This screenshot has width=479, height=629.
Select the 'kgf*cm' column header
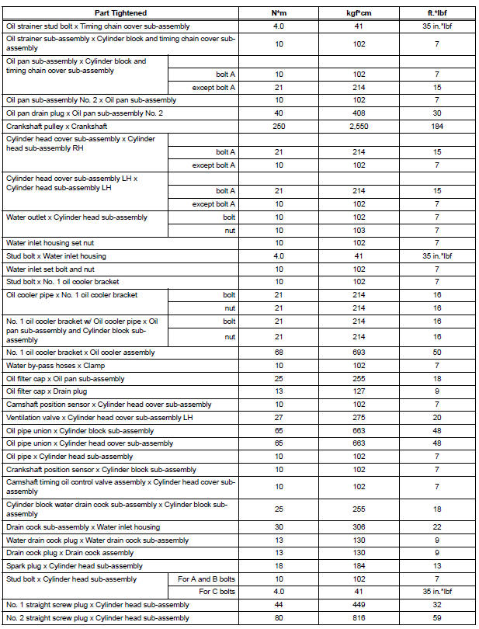(x=359, y=13)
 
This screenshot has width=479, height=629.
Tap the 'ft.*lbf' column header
(x=438, y=13)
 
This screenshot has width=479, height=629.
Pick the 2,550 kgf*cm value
(x=359, y=125)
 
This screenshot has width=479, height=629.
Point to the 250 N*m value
(x=279, y=125)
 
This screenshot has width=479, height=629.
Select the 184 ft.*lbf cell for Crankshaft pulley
(x=438, y=125)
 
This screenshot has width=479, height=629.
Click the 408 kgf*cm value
(x=359, y=113)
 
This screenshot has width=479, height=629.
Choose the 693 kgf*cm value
(x=359, y=353)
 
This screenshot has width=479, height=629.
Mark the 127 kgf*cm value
(x=359, y=391)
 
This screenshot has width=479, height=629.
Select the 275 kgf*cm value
(x=359, y=418)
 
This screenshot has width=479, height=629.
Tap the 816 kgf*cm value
(x=359, y=618)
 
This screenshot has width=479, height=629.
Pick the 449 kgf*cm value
(x=359, y=605)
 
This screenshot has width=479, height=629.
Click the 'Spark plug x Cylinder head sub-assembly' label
(x=75, y=566)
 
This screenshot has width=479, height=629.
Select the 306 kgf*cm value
(x=359, y=526)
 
